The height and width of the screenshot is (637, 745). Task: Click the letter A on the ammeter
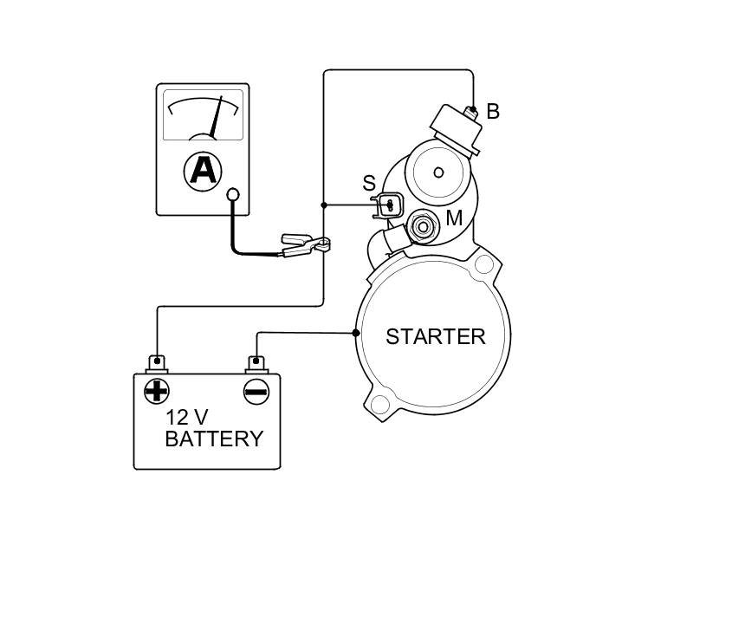[203, 169]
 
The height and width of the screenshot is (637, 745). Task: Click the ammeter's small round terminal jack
[232, 195]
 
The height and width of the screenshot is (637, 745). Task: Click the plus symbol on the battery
[156, 392]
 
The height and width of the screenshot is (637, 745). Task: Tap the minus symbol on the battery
[256, 392]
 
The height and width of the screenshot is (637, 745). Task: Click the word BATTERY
[213, 439]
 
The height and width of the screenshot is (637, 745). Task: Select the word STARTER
[435, 337]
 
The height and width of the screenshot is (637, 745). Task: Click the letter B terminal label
[493, 112]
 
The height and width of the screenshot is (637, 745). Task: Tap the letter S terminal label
[369, 184]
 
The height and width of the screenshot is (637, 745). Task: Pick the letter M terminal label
[454, 218]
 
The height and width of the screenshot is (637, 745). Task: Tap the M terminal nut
[424, 227]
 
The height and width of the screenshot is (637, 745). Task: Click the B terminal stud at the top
[472, 111]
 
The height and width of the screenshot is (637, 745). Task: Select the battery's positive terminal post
[157, 362]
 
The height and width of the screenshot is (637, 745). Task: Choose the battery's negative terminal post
[256, 362]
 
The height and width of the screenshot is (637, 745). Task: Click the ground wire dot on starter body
[356, 333]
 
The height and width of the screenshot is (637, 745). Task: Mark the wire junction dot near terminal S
[324, 205]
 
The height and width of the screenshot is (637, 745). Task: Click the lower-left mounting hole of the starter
[379, 404]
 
